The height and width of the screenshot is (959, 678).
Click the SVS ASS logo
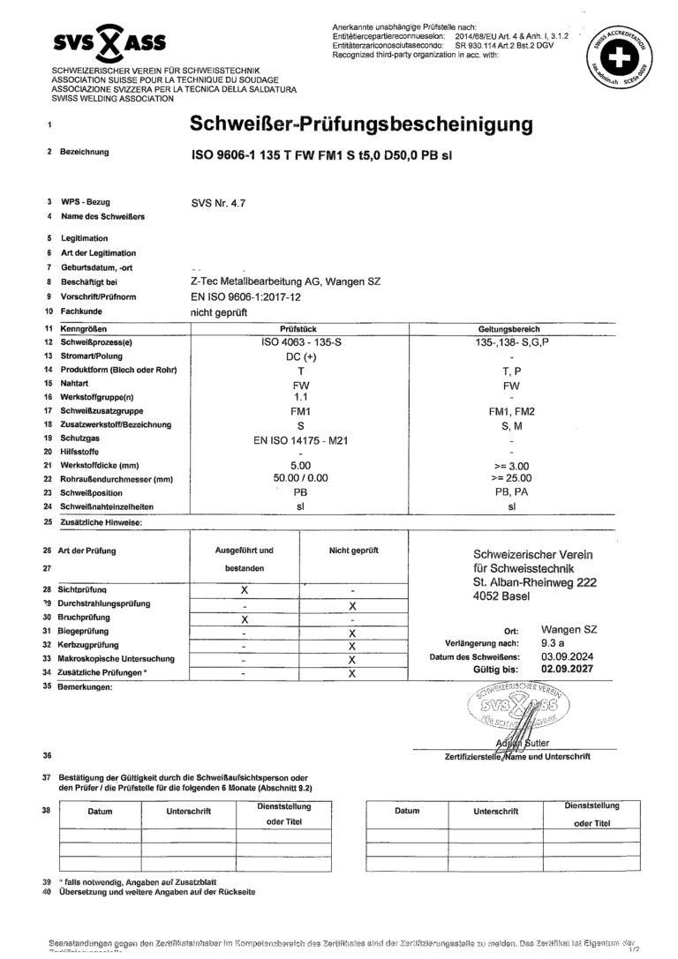[x=109, y=41]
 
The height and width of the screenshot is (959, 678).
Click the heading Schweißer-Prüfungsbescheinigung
[x=362, y=124]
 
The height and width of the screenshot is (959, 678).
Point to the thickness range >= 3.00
[x=512, y=465]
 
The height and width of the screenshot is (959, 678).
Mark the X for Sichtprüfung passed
[x=245, y=588]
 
